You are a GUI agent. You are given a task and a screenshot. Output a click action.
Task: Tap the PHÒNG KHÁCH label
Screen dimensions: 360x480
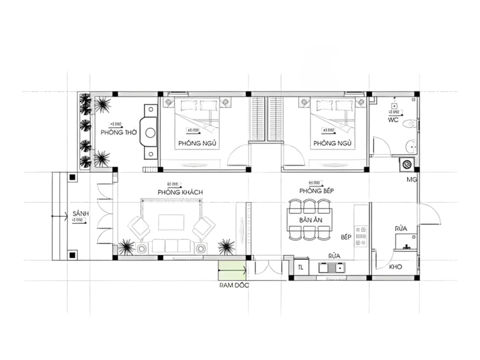(176, 192)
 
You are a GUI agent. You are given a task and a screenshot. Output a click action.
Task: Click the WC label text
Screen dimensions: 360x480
(394, 120)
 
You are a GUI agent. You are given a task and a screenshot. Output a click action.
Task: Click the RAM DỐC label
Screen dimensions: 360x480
(233, 285)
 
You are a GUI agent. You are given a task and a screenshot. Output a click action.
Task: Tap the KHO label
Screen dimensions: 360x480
(395, 267)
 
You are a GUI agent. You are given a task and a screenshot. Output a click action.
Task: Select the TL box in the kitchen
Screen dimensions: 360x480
(300, 267)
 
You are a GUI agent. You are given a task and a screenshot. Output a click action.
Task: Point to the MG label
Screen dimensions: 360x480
(412, 180)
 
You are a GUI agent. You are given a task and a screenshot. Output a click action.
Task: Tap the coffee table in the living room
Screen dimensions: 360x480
(171, 223)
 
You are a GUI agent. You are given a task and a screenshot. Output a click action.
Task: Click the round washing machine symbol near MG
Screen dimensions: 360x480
(406, 166)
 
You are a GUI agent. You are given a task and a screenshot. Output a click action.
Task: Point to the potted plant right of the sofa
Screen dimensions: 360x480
(225, 246)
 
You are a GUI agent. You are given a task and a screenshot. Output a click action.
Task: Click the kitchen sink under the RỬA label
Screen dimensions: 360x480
(333, 268)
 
